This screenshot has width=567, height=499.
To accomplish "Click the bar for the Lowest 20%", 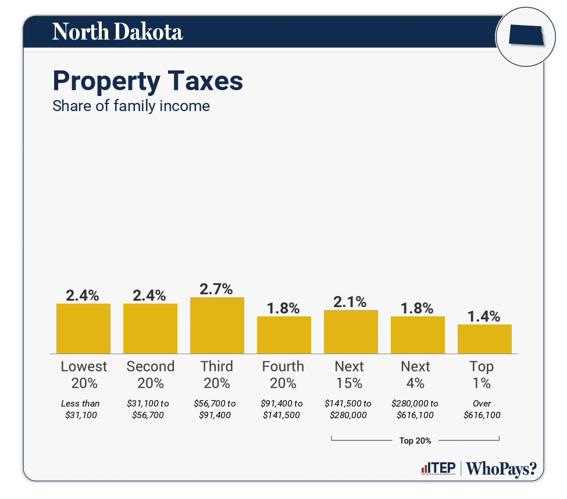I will click(83, 329).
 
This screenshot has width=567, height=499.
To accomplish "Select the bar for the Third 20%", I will click(217, 325).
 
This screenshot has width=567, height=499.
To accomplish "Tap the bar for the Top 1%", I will click(484, 339).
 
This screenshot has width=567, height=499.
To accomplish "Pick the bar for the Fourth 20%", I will click(284, 335).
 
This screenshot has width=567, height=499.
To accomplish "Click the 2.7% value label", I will click(216, 288).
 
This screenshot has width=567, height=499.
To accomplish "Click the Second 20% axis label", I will click(150, 375).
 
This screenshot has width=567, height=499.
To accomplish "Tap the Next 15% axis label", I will click(350, 375).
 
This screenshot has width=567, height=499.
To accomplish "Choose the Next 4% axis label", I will click(415, 375).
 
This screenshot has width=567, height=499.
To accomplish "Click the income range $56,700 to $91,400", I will click(215, 409).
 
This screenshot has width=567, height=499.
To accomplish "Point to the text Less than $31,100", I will click(80, 409).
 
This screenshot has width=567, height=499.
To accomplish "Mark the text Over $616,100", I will click(482, 409).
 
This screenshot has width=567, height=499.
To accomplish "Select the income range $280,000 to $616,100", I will click(415, 409).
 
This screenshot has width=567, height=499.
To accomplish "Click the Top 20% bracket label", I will click(415, 440).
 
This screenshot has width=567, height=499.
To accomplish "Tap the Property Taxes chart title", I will click(148, 81).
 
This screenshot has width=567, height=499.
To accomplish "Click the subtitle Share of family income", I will click(131, 106).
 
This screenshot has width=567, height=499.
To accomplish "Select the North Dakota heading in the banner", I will click(117, 32).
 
